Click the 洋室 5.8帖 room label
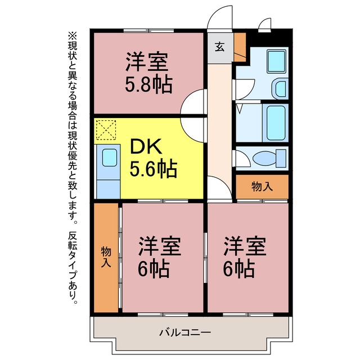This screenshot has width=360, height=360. click(148, 73)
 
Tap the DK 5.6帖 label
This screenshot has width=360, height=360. click(153, 158)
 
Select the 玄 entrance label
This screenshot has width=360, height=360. click(219, 47)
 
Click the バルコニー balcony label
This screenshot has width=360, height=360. click(185, 332)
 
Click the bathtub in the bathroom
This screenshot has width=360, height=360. click(275, 123)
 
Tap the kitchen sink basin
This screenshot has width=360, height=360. click(110, 157)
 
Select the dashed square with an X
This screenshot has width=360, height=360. click(106, 130)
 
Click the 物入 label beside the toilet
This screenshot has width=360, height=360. click(262, 186)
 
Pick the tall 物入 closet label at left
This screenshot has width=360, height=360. click(106, 257)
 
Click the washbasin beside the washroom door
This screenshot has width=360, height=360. click(280, 89)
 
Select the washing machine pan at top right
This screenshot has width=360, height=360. click(277, 61)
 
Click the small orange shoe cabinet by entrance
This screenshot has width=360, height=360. click(240, 47)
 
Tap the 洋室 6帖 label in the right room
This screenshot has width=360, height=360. click(245, 256)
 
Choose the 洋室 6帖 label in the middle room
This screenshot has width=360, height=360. click(159, 256)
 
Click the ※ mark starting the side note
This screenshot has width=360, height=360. click(73, 36)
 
